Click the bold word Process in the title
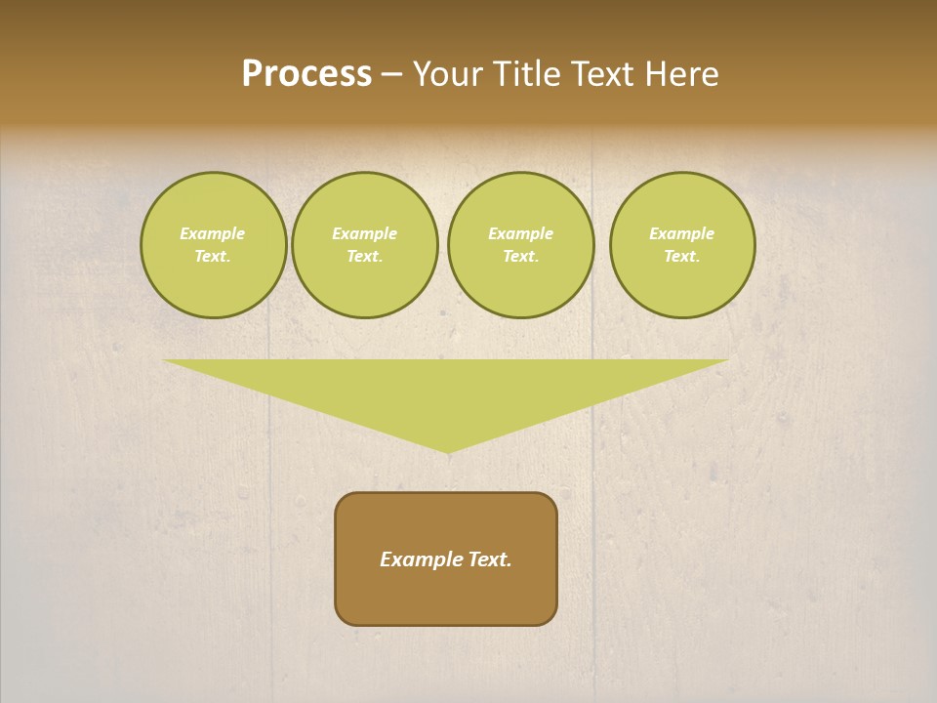(x=306, y=74)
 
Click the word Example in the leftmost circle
(x=213, y=233)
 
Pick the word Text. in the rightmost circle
(x=682, y=256)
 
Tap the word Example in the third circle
(x=520, y=233)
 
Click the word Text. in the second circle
(x=365, y=256)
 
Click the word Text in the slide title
(x=602, y=74)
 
